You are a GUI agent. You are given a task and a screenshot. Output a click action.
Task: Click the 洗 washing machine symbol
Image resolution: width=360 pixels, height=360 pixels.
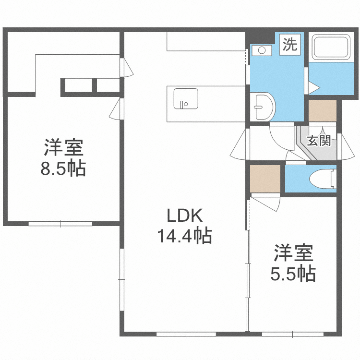click(289, 45)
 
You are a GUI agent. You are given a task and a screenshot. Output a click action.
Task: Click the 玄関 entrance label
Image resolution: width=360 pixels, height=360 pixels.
click(319, 141)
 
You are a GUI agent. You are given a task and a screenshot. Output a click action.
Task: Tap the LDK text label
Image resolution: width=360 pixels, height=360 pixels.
click(185, 216)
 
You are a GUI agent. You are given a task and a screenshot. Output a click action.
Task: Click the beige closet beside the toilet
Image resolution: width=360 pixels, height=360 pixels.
click(265, 178)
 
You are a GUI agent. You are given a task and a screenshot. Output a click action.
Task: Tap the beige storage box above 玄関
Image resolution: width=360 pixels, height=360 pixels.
click(322, 111)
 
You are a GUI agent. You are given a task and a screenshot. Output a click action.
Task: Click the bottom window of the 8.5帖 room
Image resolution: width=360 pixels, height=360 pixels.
click(60, 223)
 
